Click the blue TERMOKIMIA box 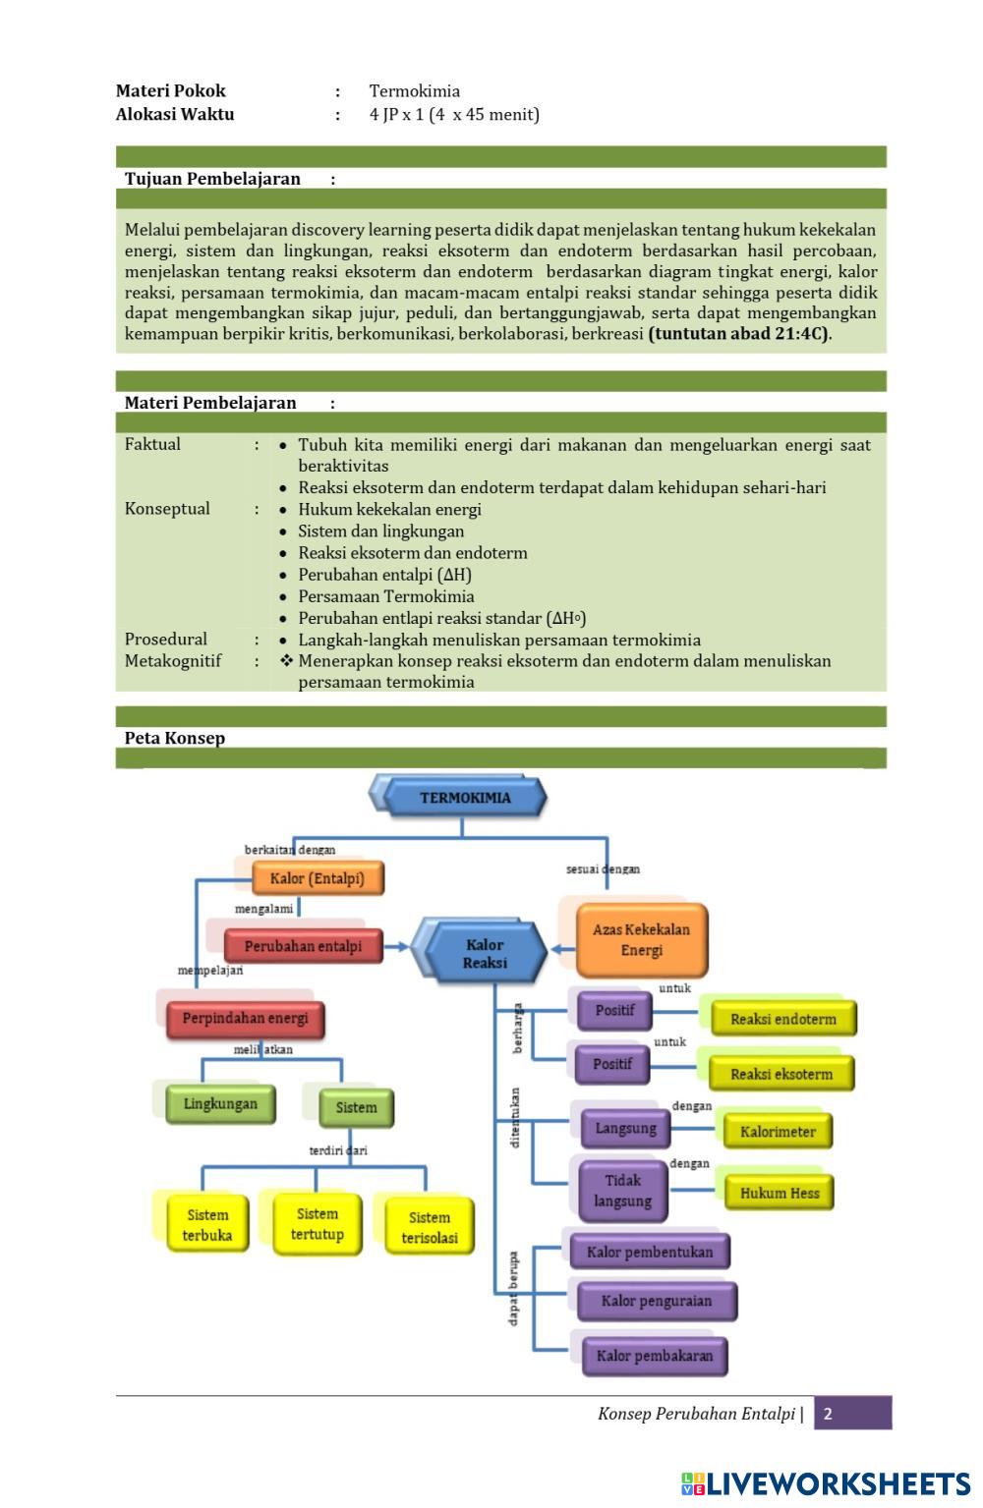click(465, 798)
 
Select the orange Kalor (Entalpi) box click(317, 878)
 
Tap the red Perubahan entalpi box click(303, 946)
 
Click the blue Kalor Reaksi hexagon click(485, 954)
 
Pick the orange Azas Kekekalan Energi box click(641, 939)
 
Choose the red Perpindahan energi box click(245, 1019)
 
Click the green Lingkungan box click(220, 1104)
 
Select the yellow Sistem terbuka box click(207, 1225)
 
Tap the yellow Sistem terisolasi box click(430, 1227)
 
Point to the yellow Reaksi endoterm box click(782, 1019)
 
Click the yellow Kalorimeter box click(778, 1132)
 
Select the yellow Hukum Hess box click(780, 1194)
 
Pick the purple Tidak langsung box click(622, 1191)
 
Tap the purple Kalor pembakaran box click(654, 1357)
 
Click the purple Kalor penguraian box click(656, 1301)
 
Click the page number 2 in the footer click(829, 1414)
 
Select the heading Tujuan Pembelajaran click(212, 179)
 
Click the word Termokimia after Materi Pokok click(415, 91)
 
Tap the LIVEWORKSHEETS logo click(825, 1483)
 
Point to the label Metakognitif click(173, 661)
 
